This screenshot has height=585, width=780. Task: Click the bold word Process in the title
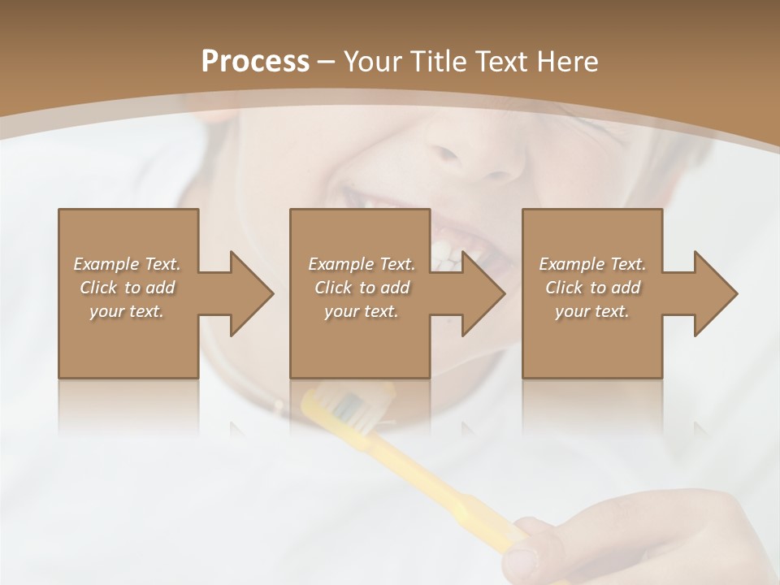point(255,62)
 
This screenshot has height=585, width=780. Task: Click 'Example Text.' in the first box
point(127,264)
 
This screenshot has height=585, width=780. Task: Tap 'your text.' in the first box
point(127,311)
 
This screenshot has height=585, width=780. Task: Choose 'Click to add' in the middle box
point(362,288)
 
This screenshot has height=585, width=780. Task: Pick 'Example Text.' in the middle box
point(362,264)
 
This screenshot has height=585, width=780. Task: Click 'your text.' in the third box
point(592,311)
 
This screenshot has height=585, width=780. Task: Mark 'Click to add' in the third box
point(592,288)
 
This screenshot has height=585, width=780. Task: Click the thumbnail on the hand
point(520,560)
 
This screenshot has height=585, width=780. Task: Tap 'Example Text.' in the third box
point(592,264)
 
